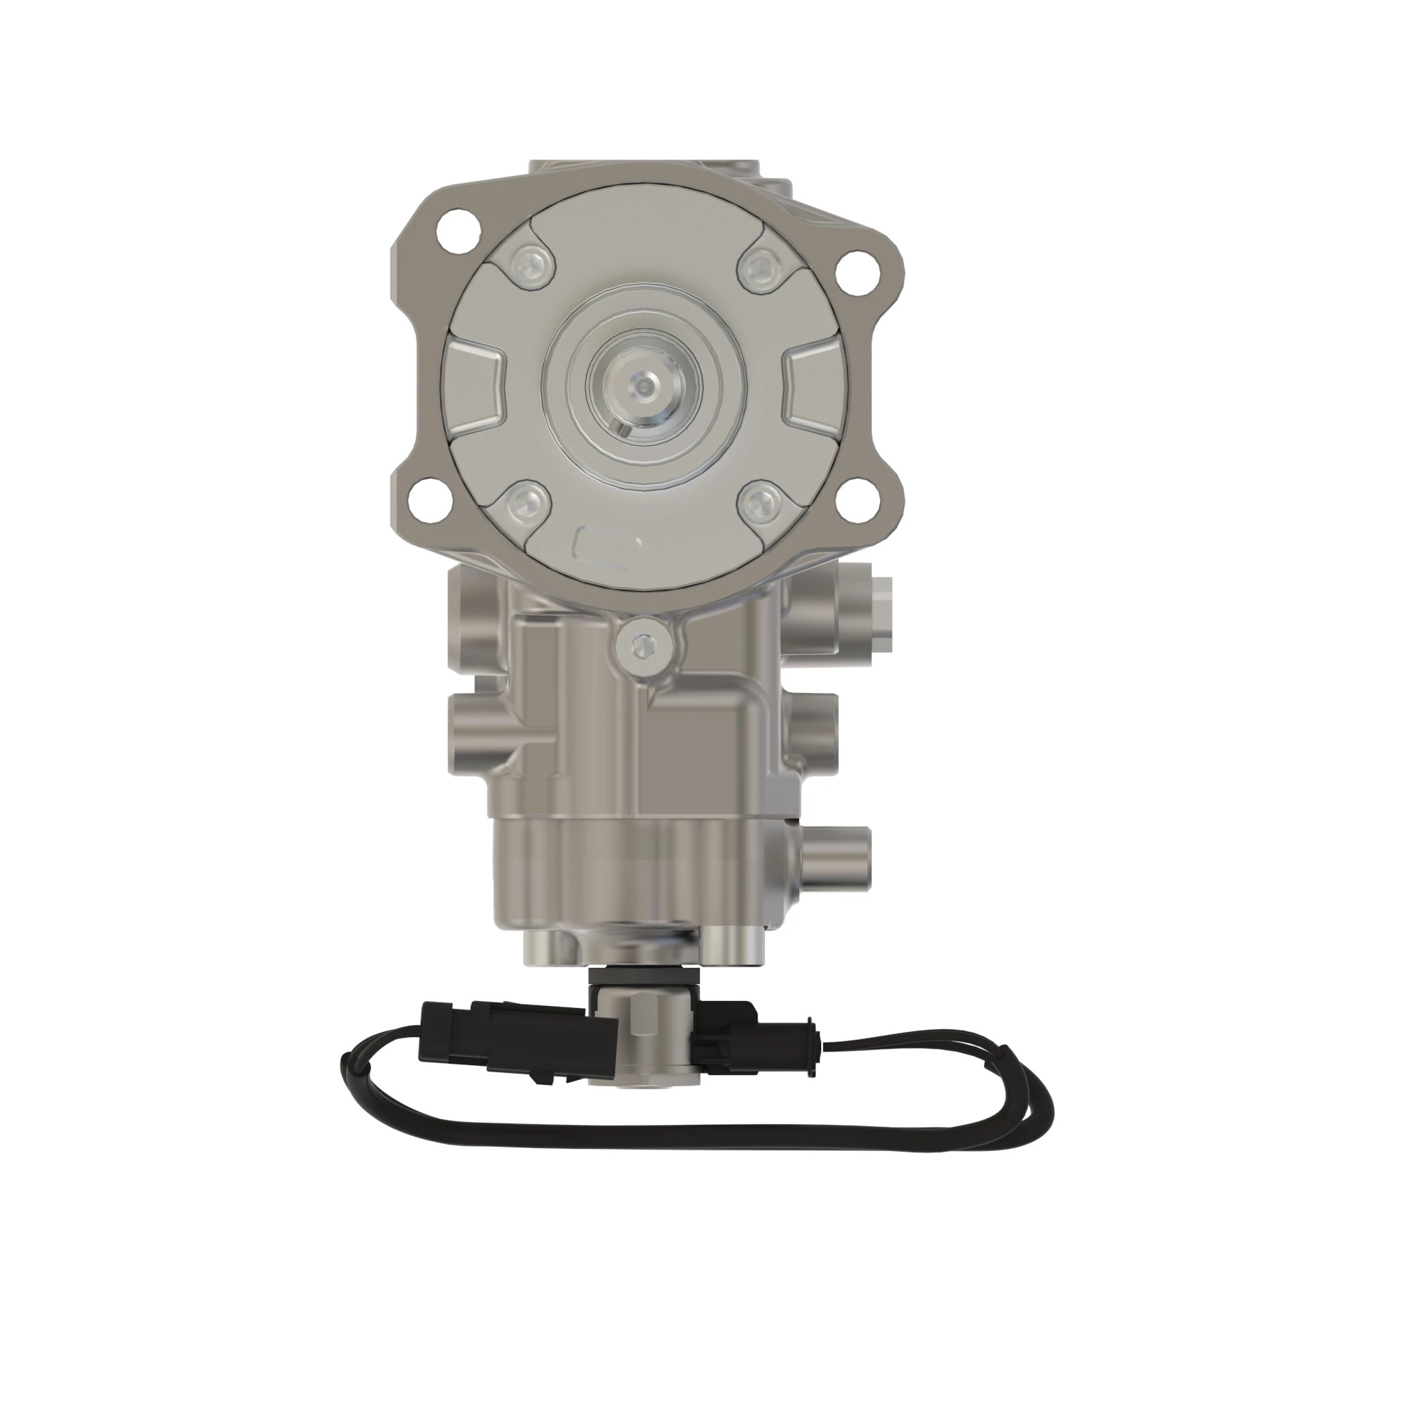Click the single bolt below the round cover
tap(643, 644)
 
